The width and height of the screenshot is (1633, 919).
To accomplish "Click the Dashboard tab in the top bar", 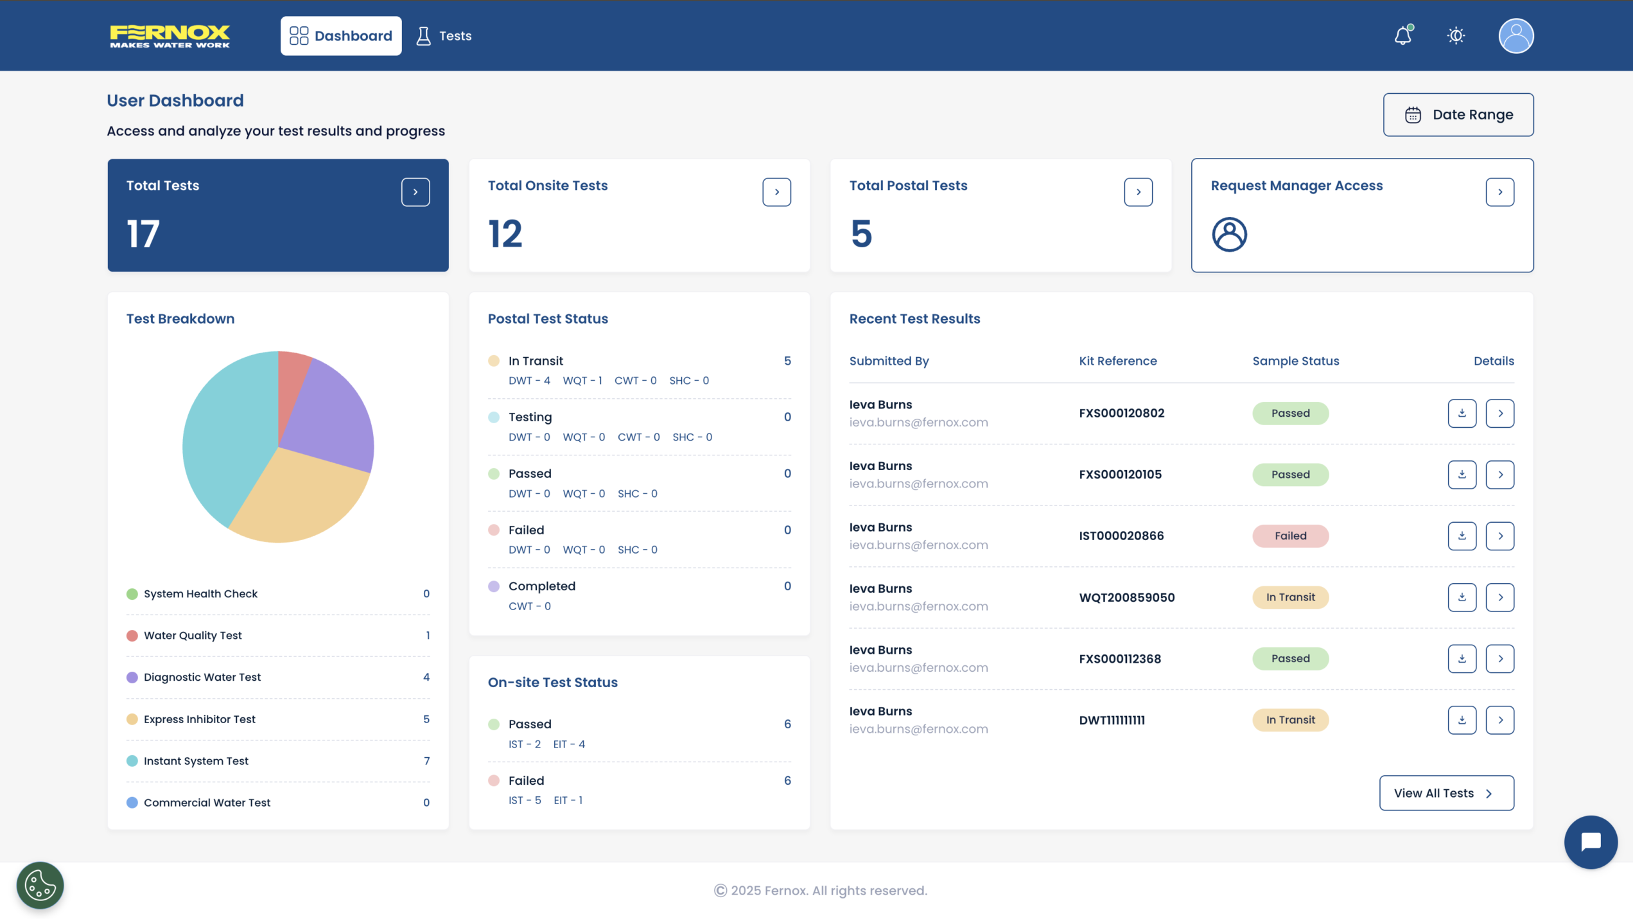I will [340, 36].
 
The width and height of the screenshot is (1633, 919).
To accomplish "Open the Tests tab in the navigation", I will [444, 36].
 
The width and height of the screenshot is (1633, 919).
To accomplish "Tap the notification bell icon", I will [1402, 36].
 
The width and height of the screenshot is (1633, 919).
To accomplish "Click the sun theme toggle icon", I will [1456, 36].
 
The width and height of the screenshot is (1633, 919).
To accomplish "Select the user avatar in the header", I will [1515, 36].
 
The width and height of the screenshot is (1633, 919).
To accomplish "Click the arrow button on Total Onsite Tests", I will [776, 192].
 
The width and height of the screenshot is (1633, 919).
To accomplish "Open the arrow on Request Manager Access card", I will [1499, 192].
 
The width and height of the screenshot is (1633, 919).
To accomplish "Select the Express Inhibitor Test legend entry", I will [200, 719].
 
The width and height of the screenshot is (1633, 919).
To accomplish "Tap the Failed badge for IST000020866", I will [1290, 536].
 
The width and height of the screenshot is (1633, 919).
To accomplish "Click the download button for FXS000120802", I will [1462, 413].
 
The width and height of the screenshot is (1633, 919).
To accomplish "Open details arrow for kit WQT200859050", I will [1499, 597].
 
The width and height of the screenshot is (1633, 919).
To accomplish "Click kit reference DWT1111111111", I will [1112, 720].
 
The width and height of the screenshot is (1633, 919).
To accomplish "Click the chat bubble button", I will [1590, 842].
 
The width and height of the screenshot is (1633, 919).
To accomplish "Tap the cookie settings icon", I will [40, 885].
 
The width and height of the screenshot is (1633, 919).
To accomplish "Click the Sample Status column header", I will [1295, 361].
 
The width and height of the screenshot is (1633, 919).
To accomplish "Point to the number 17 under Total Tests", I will [143, 234].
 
